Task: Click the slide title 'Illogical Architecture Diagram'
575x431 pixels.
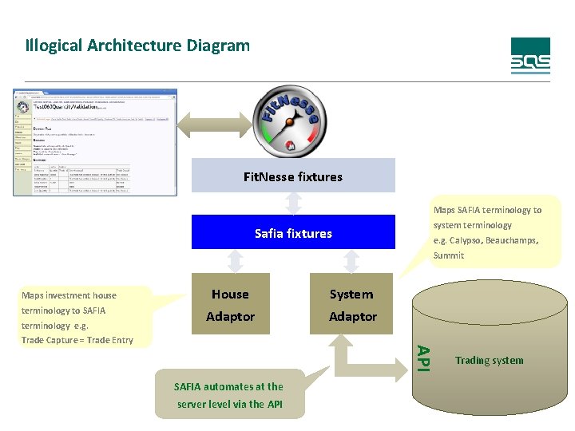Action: pyautogui.click(x=137, y=45)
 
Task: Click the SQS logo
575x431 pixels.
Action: pyautogui.click(x=530, y=56)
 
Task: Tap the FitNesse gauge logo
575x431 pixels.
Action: pyautogui.click(x=292, y=120)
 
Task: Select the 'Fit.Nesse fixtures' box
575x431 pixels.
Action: pyautogui.click(x=293, y=176)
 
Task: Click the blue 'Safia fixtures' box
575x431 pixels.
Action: pyautogui.click(x=293, y=233)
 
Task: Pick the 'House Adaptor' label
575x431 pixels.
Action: pyautogui.click(x=230, y=306)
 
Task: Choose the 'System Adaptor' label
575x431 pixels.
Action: pyautogui.click(x=352, y=306)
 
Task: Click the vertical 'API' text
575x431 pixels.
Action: pyautogui.click(x=425, y=357)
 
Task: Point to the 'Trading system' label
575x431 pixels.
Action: pyautogui.click(x=489, y=361)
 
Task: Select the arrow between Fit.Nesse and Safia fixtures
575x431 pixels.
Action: pyautogui.click(x=293, y=204)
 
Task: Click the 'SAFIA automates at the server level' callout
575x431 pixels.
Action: pyautogui.click(x=230, y=395)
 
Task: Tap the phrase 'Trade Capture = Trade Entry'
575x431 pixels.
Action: pyautogui.click(x=77, y=341)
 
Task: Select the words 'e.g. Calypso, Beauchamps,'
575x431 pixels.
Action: pyautogui.click(x=486, y=240)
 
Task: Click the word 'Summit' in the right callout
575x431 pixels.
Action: pyautogui.click(x=448, y=255)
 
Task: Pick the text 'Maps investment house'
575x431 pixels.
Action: pyautogui.click(x=69, y=295)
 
